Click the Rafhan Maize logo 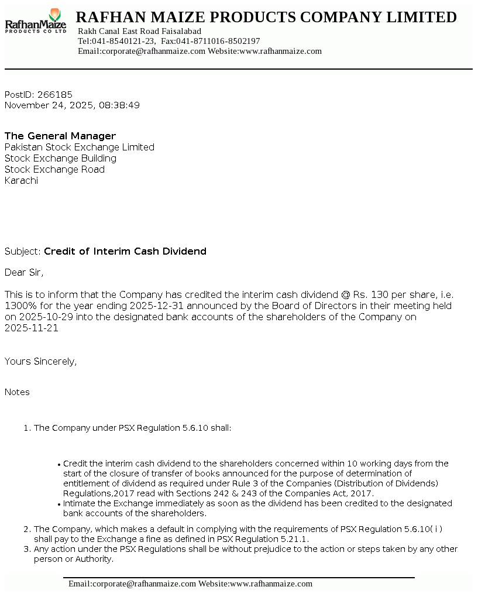click(x=36, y=22)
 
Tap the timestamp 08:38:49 click(x=119, y=105)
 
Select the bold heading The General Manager click(x=60, y=136)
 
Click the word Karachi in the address click(x=21, y=180)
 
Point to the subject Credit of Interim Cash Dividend click(x=125, y=251)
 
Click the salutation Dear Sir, click(x=24, y=272)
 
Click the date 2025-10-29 click(x=43, y=317)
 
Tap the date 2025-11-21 click(x=31, y=328)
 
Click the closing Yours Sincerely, click(x=40, y=361)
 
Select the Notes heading click(x=17, y=392)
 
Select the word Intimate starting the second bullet click(x=81, y=503)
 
